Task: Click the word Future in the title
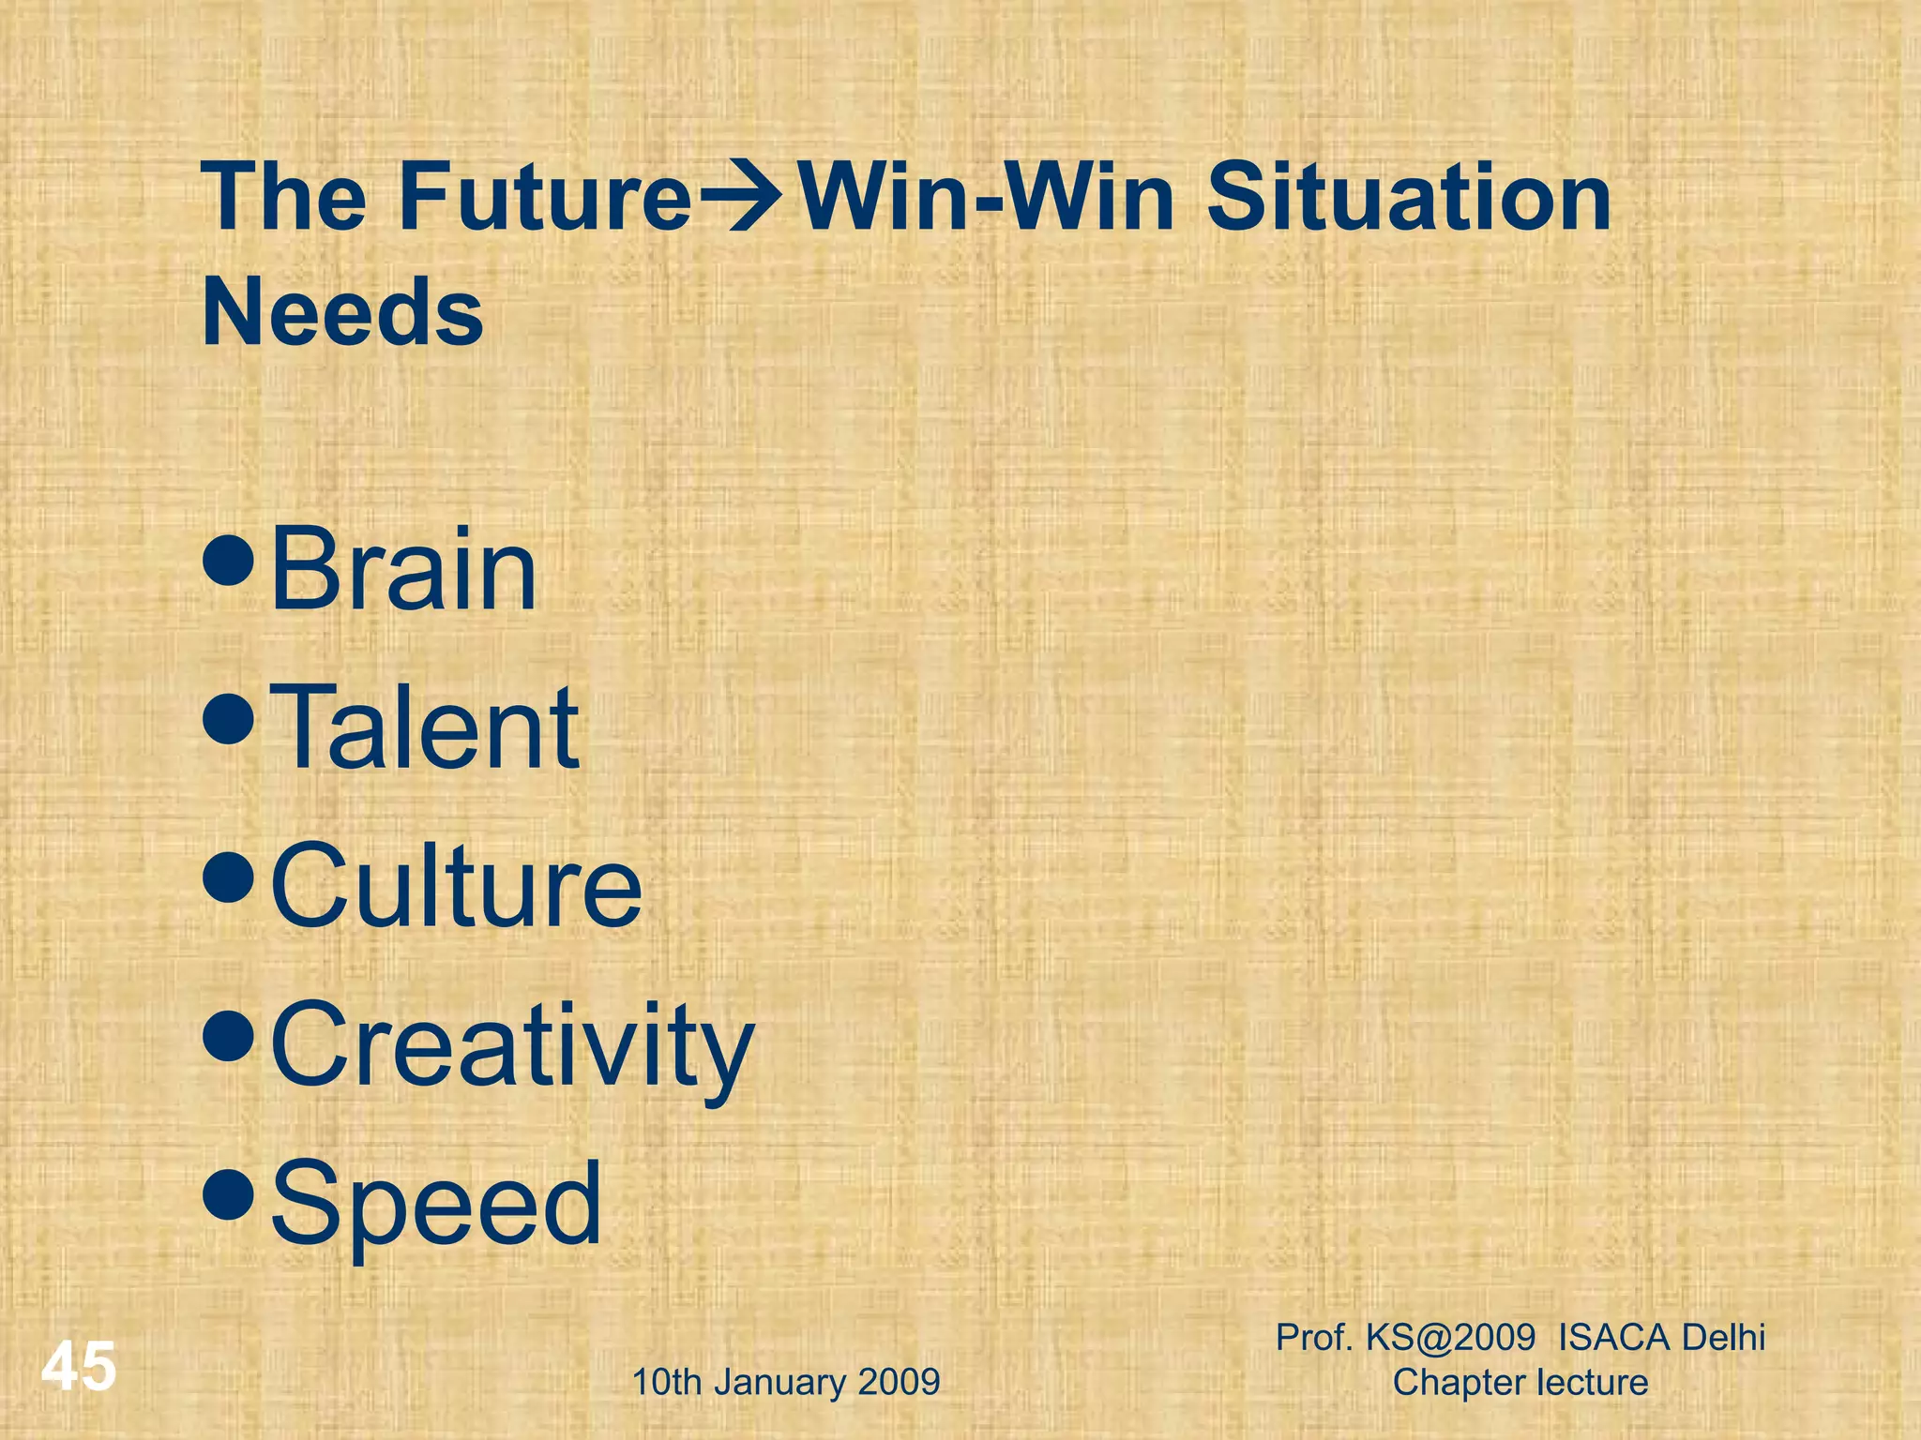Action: [x=545, y=198]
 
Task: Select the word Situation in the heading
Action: [x=1409, y=198]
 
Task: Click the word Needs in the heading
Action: [x=342, y=312]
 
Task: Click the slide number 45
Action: [x=79, y=1367]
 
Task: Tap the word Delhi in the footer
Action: [x=1723, y=1337]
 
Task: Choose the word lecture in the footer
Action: [x=1592, y=1382]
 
